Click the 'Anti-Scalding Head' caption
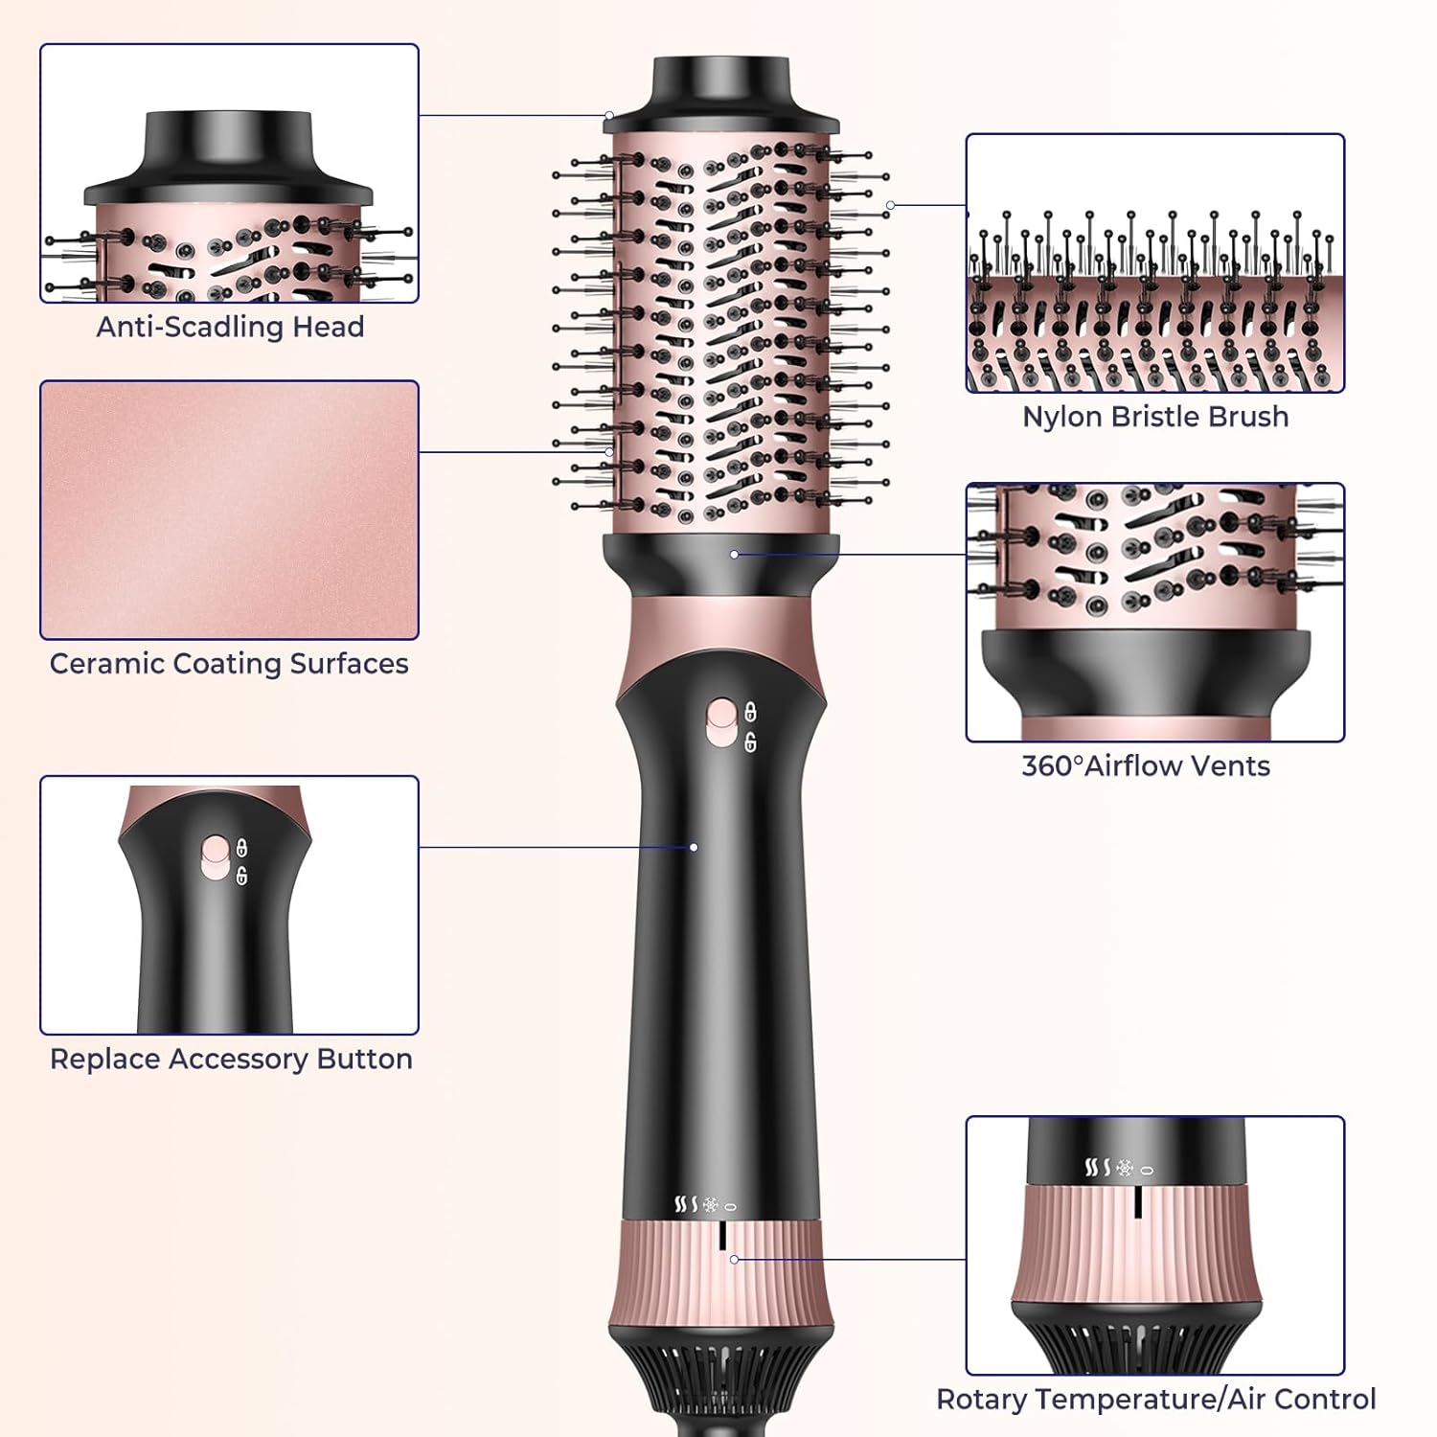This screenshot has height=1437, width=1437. tap(230, 327)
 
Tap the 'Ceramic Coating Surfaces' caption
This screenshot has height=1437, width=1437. tap(229, 664)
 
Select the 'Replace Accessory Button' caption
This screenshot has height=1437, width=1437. tap(231, 1059)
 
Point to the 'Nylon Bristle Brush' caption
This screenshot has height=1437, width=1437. tap(1155, 417)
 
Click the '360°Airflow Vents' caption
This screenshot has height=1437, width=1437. tap(1146, 765)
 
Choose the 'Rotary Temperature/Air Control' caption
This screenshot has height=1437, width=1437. tap(1156, 1399)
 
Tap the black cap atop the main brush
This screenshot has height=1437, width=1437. tap(721, 94)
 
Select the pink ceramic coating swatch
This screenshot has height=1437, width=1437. tap(229, 510)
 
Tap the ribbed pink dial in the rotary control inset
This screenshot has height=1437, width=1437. tap(1137, 1245)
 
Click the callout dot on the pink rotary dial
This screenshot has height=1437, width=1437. tap(734, 1260)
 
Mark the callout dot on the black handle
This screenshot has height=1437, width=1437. tap(694, 847)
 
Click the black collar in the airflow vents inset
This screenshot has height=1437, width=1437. tap(1146, 672)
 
